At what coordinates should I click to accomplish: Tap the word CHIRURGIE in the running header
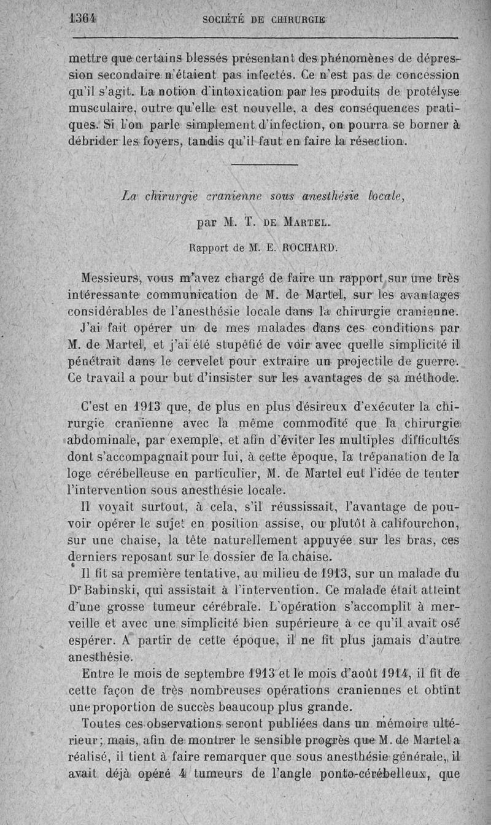pos(299,19)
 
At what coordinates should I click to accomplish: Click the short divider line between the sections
pos(265,165)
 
